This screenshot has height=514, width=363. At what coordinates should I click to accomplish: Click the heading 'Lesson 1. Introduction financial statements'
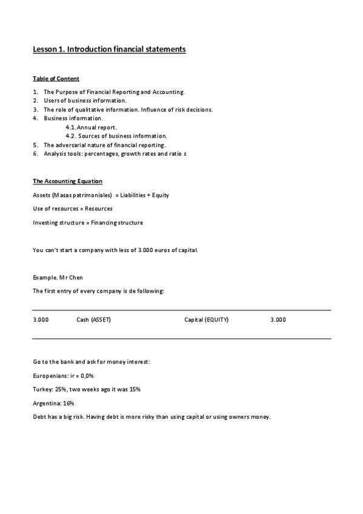point(109,50)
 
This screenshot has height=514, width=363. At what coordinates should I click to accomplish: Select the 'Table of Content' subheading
point(56,79)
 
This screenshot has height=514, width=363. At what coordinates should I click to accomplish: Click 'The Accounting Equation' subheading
point(67,182)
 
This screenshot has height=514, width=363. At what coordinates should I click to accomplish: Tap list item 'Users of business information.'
point(85,101)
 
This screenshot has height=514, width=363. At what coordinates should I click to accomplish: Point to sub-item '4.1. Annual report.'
point(91,127)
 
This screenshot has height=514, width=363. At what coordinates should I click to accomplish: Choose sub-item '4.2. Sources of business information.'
point(116,136)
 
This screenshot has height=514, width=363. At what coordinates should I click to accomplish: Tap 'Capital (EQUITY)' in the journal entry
point(207,319)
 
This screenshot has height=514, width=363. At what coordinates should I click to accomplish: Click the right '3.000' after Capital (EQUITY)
point(278,319)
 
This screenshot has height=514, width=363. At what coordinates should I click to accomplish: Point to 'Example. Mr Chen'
point(58,278)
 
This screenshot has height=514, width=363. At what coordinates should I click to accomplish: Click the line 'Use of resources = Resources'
point(73,209)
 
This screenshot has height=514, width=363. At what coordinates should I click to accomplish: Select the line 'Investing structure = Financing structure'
point(88,222)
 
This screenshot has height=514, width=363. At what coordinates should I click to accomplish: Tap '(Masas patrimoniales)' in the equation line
point(82,195)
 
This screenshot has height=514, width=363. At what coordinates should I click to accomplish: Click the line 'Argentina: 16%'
point(53,403)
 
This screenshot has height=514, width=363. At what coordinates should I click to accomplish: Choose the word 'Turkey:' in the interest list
point(44,389)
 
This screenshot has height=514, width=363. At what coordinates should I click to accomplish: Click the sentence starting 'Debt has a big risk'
point(152,417)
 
